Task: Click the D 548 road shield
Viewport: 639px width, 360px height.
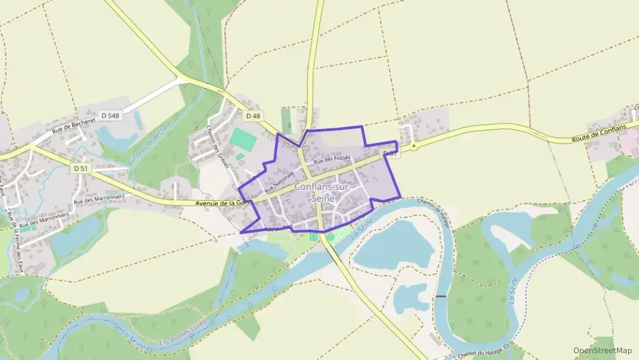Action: click(109, 116)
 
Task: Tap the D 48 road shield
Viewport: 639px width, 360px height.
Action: click(253, 116)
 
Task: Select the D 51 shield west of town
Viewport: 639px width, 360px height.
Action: click(81, 168)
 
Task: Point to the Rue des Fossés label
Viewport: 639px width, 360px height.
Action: click(332, 159)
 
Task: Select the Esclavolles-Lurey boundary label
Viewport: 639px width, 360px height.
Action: click(182, 329)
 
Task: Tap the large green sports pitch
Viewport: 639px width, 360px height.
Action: click(243, 139)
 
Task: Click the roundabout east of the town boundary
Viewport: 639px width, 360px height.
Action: click(414, 146)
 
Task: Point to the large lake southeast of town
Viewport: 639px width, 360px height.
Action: click(393, 245)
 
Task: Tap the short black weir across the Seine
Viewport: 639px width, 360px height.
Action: click(441, 296)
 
